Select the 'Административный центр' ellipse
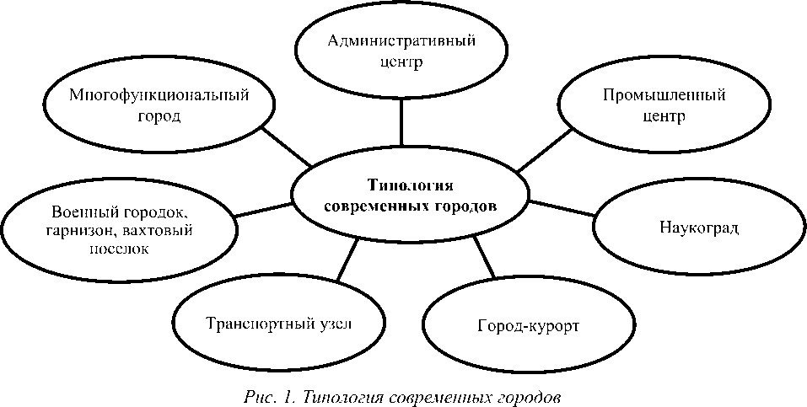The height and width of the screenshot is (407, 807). coord(401,51)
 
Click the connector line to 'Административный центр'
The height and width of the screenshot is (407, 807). coord(401,123)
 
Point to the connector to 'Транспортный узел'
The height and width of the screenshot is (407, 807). coord(347,258)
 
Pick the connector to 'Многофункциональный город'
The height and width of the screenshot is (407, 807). coord(288,147)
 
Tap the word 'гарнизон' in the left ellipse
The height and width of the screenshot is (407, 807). coord(81,230)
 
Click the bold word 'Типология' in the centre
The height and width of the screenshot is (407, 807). coord(410,185)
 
